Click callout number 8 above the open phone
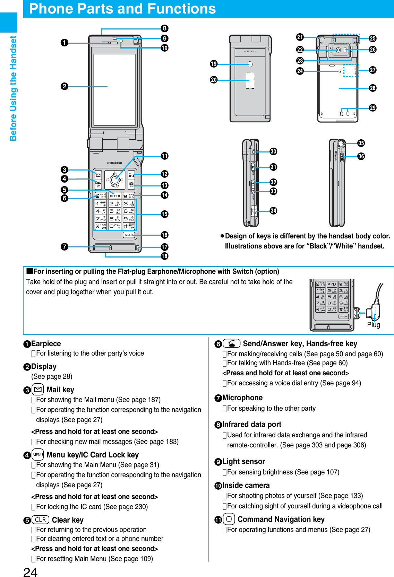164,28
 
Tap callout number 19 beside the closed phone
214,64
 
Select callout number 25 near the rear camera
372,38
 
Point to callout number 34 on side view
273,211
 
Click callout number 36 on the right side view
361,156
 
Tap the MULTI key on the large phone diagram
129,235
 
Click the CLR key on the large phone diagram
115,196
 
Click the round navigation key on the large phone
115,180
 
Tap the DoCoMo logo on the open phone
115,163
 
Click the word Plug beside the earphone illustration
374,325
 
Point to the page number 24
30,572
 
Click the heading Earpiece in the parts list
46,344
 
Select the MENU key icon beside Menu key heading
37,455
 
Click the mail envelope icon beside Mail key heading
37,390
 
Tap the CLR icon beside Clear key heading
40,520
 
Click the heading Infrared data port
251,425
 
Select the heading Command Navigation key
281,519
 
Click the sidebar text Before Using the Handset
13,88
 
